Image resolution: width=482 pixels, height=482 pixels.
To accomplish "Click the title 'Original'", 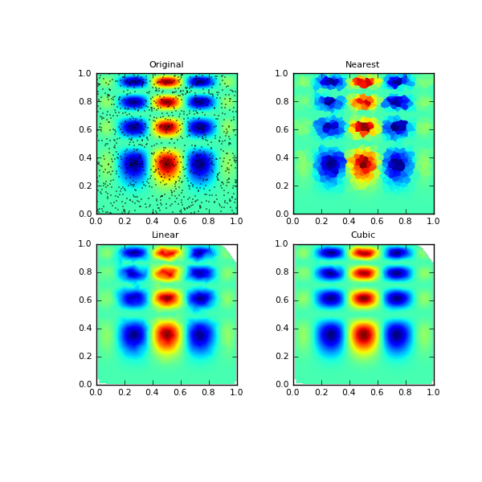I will pyautogui.click(x=166, y=65).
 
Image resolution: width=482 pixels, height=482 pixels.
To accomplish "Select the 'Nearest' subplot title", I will pyautogui.click(x=362, y=65).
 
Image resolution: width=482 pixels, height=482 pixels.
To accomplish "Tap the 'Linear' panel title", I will pyautogui.click(x=165, y=235).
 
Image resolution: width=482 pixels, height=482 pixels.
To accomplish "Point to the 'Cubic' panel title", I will pyautogui.click(x=362, y=235).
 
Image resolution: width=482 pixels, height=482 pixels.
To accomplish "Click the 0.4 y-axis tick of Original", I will pyautogui.click(x=84, y=157).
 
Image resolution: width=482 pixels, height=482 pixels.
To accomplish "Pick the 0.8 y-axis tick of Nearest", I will pyautogui.click(x=281, y=101).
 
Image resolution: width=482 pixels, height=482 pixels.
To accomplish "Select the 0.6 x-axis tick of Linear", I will pyautogui.click(x=181, y=392).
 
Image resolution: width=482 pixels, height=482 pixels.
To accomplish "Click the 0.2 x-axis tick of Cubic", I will pyautogui.click(x=321, y=392).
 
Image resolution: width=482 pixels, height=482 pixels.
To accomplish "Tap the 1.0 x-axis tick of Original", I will pyautogui.click(x=237, y=222).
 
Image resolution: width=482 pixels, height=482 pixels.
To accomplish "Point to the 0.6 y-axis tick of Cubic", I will pyautogui.click(x=281, y=300).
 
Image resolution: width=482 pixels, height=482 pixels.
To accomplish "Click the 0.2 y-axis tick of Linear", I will pyautogui.click(x=84, y=357).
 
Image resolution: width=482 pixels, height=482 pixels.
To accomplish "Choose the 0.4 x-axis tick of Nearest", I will pyautogui.click(x=349, y=222).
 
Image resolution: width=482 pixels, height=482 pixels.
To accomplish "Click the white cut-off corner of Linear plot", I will pyautogui.click(x=232, y=250).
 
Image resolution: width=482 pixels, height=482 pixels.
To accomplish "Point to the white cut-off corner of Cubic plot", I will pyautogui.click(x=429, y=250).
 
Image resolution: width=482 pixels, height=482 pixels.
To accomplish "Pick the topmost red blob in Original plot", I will pyautogui.click(x=166, y=81).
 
